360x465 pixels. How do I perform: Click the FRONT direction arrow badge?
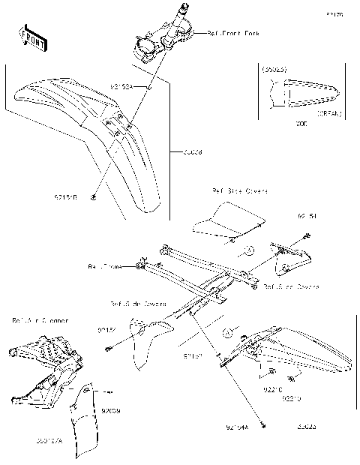[34, 38]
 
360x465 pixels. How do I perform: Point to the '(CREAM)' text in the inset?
[328, 113]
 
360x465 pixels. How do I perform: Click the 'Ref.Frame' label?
[103, 265]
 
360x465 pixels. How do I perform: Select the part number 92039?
[110, 412]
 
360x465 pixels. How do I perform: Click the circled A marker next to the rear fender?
[229, 331]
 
